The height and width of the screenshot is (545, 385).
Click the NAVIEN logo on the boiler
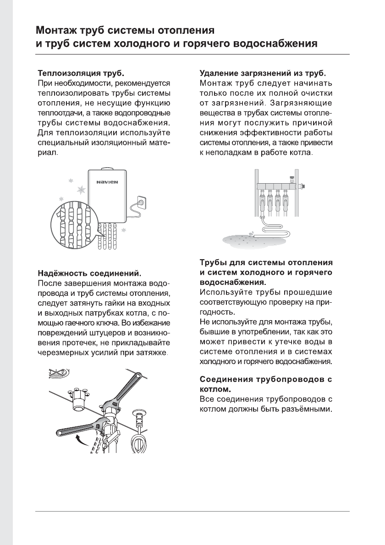[x=107, y=182]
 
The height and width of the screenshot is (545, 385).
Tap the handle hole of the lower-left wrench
[x=60, y=431]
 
